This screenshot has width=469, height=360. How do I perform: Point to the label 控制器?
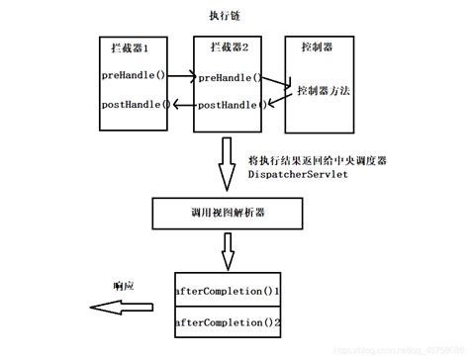(317, 47)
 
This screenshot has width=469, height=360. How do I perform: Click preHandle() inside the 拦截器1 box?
(132, 75)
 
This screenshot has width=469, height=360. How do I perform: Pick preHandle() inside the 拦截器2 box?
(230, 76)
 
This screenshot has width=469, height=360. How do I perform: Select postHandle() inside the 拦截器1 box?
(134, 104)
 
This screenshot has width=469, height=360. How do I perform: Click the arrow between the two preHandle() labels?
(180, 74)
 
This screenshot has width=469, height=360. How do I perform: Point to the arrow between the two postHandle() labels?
(182, 104)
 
